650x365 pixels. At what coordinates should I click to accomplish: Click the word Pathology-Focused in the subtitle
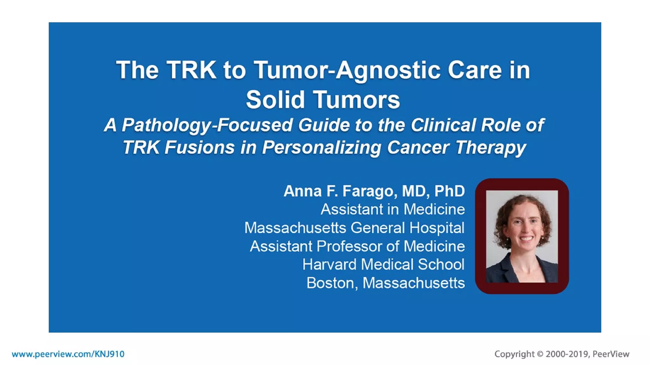pyautogui.click(x=206, y=125)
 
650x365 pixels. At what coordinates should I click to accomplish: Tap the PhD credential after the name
pyautogui.click(x=449, y=191)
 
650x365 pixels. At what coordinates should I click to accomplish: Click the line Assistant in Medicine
pyautogui.click(x=393, y=209)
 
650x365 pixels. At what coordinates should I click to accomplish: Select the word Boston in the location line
pyautogui.click(x=330, y=283)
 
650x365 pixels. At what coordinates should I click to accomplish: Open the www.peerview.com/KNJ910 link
pyautogui.click(x=68, y=354)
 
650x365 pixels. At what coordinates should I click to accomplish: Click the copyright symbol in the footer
pyautogui.click(x=540, y=354)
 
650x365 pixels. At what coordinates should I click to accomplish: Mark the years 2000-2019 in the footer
pyautogui.click(x=567, y=354)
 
